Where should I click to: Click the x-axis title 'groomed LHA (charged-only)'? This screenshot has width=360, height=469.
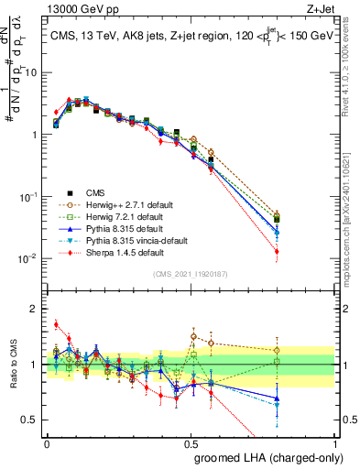[x=264, y=455]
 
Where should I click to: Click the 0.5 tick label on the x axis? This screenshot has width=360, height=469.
[x=191, y=441]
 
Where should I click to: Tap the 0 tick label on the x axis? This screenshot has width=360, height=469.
[x=47, y=441]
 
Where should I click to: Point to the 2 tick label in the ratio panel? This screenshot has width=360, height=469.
[x=36, y=309]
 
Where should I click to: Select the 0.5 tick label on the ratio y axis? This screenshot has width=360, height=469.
[x=33, y=420]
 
